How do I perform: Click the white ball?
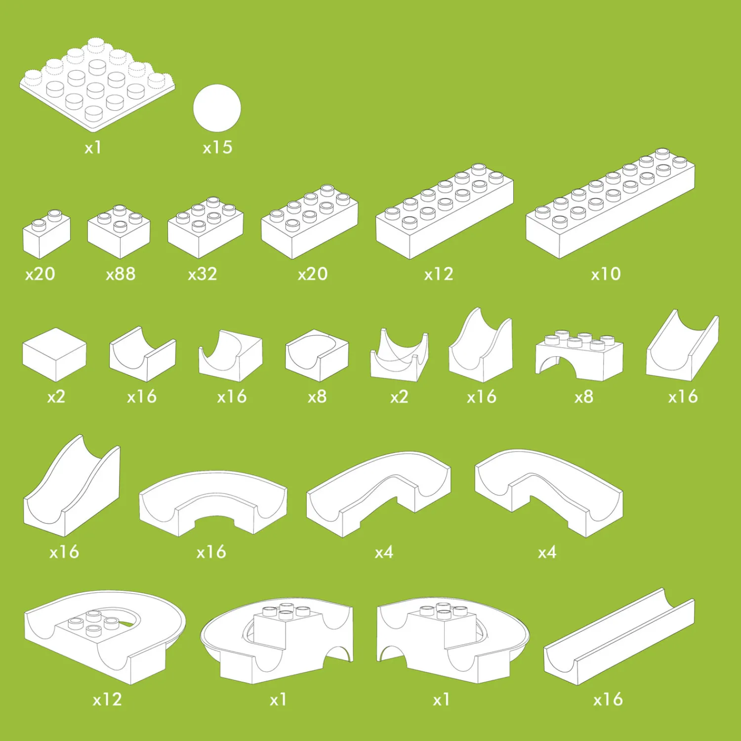coord(217,108)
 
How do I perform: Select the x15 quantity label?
coord(217,147)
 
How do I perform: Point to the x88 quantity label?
coord(121,274)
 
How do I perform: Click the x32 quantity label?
coord(203,274)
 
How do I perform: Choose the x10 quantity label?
coord(606,274)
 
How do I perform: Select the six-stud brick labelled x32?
coord(206,227)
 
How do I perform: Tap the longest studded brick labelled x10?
coord(610,204)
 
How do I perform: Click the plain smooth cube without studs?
coord(54,355)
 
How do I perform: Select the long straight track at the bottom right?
coord(619,636)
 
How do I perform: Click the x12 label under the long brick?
coord(439,274)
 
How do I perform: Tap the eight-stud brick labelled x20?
coord(309,222)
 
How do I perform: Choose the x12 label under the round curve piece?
coord(107,699)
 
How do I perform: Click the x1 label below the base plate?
coord(93,147)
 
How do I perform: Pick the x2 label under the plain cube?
coord(56,397)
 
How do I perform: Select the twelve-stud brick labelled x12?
coord(445,211)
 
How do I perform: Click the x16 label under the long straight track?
coord(608,699)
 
